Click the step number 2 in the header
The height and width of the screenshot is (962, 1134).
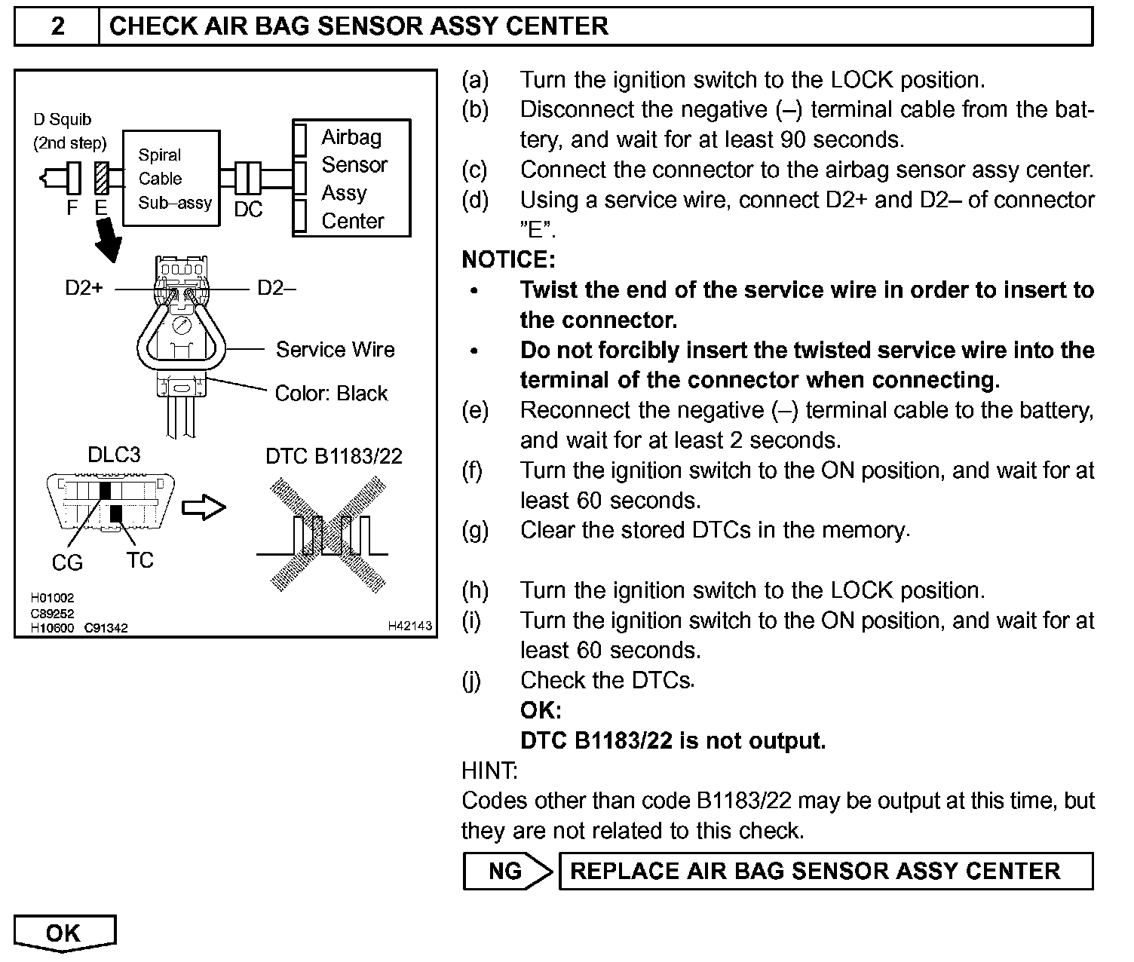click(57, 26)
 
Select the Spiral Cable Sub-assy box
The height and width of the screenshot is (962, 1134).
click(171, 179)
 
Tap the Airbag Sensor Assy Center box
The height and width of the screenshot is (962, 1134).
click(352, 179)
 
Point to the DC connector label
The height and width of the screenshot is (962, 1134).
click(247, 210)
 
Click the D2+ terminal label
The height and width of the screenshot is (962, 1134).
click(84, 288)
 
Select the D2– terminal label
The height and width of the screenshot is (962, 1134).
click(276, 288)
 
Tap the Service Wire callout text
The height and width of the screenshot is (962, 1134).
click(335, 350)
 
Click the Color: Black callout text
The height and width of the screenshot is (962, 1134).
click(331, 394)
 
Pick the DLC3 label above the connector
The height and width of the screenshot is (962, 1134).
click(114, 455)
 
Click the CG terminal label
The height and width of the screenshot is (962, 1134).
click(67, 562)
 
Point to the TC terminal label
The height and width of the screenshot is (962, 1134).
click(140, 560)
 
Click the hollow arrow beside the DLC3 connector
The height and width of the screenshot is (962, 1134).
click(204, 507)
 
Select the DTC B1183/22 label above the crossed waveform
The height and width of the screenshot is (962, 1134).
click(334, 456)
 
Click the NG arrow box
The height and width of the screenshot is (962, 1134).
click(507, 872)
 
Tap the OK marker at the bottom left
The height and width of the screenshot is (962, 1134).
click(64, 933)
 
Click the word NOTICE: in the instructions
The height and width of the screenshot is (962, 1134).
click(508, 260)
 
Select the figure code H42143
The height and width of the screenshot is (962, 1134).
click(410, 626)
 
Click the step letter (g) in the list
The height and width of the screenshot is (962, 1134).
click(475, 531)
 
